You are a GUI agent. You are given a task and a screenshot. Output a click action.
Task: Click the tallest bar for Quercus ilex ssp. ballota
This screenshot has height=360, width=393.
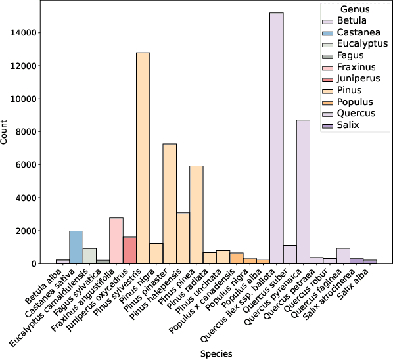pyautogui.click(x=276, y=138)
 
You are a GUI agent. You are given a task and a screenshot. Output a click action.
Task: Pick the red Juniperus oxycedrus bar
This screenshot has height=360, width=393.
pyautogui.click(x=129, y=250)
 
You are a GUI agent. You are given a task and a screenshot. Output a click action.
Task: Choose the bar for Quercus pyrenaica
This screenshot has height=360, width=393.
pyautogui.click(x=303, y=191)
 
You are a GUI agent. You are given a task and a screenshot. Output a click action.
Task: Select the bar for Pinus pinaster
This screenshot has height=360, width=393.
pyautogui.click(x=170, y=204)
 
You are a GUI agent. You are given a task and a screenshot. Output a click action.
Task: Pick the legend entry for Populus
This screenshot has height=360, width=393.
pyautogui.click(x=354, y=102)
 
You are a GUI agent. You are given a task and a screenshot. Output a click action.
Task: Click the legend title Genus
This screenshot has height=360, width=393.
pyautogui.click(x=355, y=10)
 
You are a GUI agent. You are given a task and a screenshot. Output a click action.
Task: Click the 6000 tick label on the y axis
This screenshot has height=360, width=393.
pyautogui.click(x=29, y=165)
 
